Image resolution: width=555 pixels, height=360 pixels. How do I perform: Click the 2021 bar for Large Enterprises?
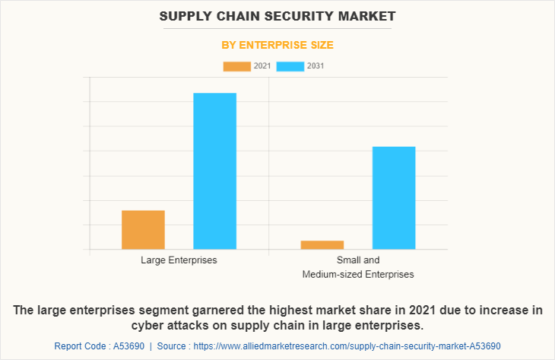tap(143, 230)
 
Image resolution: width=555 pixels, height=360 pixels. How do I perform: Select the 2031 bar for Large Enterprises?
tap(214, 171)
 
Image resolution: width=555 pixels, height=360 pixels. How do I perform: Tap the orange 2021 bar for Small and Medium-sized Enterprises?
tap(322, 244)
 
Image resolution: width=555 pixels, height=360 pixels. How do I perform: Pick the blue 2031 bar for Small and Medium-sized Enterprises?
tap(394, 198)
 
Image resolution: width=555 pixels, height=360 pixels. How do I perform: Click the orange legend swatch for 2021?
tap(236, 66)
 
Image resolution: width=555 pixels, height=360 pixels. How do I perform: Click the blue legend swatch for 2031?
tap(290, 66)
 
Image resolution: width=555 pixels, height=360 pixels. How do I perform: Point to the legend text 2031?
tap(316, 66)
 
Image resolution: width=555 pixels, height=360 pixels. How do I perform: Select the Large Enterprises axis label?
tap(179, 260)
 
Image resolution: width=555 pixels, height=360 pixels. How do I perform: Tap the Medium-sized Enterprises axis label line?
tap(358, 274)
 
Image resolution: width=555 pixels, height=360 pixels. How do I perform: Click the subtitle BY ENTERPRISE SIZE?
tap(277, 45)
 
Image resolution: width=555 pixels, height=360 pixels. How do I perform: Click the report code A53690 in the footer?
tap(125, 346)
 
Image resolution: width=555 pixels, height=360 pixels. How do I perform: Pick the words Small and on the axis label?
tap(358, 260)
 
